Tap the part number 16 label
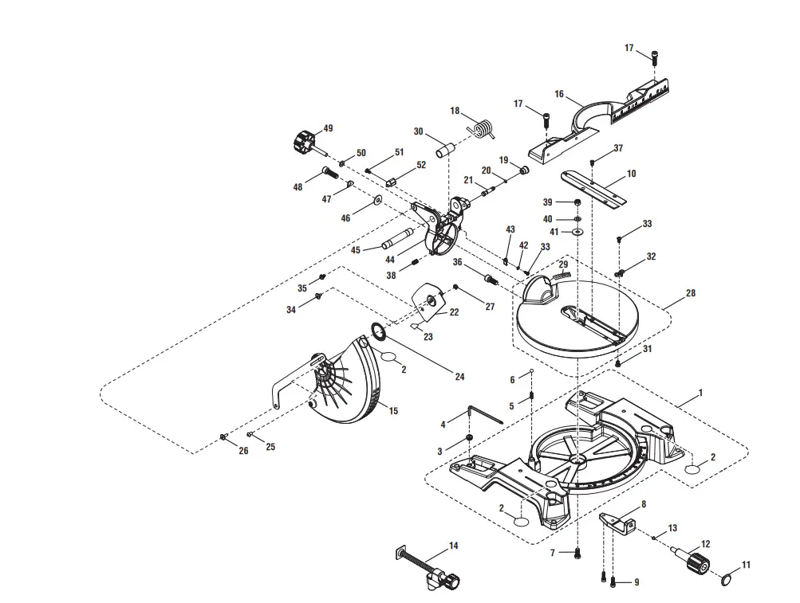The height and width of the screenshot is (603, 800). pyautogui.click(x=559, y=95)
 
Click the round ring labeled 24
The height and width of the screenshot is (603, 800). pyautogui.click(x=379, y=331)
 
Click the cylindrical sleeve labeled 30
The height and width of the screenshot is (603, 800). pyautogui.click(x=445, y=148)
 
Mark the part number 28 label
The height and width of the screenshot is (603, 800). pyautogui.click(x=691, y=293)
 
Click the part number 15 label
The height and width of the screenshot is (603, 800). pyautogui.click(x=393, y=410)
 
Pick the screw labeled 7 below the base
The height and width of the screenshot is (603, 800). pyautogui.click(x=578, y=552)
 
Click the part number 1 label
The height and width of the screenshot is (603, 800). pyautogui.click(x=700, y=392)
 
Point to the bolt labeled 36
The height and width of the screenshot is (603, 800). pyautogui.click(x=490, y=279)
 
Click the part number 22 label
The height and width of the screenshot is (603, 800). pyautogui.click(x=454, y=312)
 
